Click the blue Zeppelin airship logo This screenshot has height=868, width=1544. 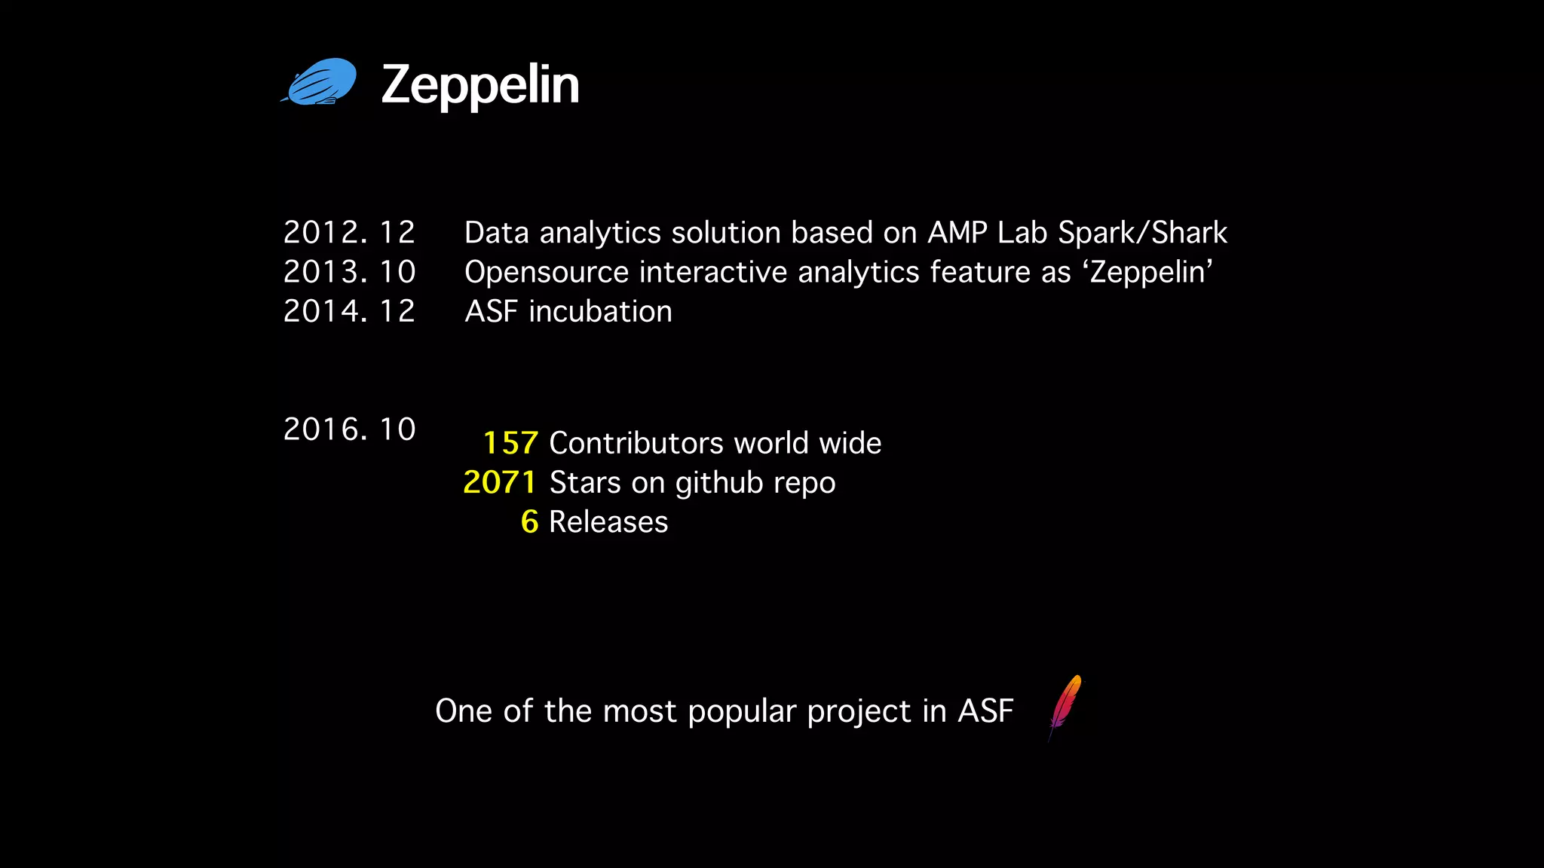click(320, 82)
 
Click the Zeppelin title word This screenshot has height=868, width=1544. click(480, 85)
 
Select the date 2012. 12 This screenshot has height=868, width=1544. click(349, 232)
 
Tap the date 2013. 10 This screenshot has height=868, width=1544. click(349, 272)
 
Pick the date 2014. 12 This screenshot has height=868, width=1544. click(349, 311)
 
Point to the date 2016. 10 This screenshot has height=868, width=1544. click(349, 429)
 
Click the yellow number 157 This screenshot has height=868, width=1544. click(510, 443)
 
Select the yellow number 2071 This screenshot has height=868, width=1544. click(500, 482)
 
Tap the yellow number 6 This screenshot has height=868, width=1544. click(529, 522)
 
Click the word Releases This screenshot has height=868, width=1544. click(608, 522)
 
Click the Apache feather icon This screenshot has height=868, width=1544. click(1065, 707)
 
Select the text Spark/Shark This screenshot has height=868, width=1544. click(1142, 233)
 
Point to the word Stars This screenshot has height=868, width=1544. click(585, 483)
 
